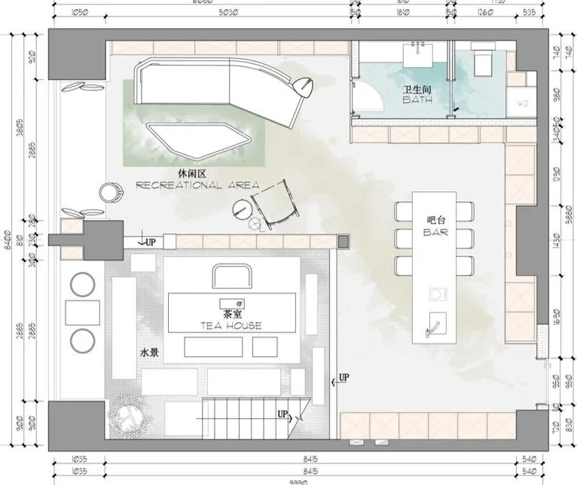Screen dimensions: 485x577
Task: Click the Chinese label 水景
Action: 147,352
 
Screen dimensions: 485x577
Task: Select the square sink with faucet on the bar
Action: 435,325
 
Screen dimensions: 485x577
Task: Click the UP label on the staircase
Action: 283,413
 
